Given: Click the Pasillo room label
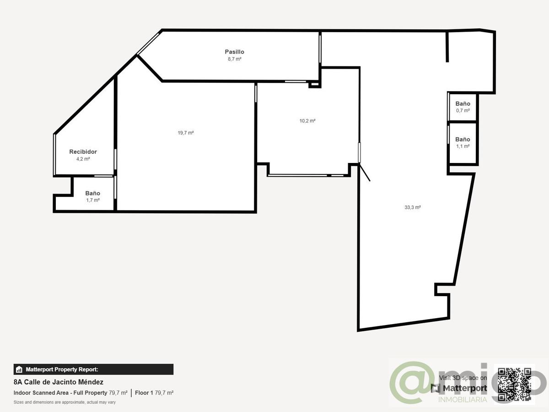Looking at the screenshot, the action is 234,52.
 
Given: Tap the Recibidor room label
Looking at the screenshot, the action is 83,152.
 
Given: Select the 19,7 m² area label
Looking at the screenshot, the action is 186,133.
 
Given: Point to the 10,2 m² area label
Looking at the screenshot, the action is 307,121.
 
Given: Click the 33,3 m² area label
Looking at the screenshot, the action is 413,207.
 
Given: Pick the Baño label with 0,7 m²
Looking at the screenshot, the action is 463,103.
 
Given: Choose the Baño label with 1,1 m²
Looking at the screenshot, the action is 463,139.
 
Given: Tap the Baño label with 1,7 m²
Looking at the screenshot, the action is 92,193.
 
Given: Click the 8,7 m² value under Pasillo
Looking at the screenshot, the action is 234,59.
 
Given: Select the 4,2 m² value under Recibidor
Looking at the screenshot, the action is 83,159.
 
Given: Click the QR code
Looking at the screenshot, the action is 514,385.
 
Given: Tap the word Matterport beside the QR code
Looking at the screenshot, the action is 465,388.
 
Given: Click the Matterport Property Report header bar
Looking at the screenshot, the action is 93,369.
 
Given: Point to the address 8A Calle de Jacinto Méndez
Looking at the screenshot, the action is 58,382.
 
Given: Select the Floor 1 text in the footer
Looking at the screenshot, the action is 144,393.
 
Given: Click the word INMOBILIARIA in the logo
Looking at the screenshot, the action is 463,400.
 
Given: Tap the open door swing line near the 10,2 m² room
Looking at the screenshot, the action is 365,172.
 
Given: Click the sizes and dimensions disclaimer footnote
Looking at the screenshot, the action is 65,402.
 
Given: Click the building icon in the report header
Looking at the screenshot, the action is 19,369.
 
